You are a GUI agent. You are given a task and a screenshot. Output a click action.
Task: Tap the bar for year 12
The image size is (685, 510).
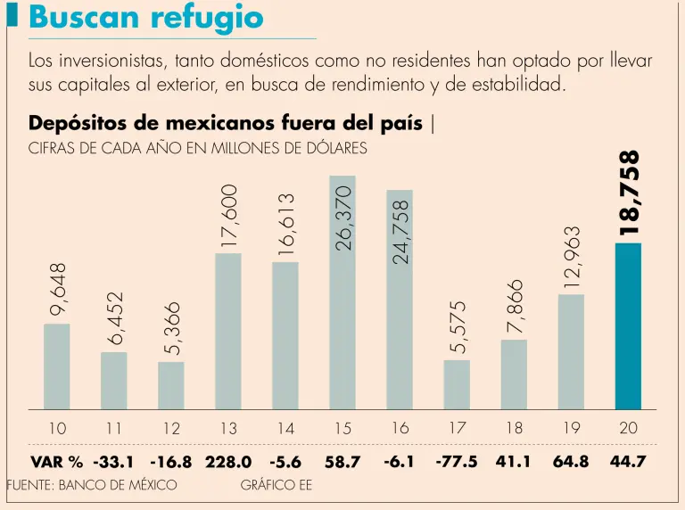coord(171,385)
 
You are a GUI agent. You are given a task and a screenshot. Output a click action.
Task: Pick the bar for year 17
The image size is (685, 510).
coord(457,384)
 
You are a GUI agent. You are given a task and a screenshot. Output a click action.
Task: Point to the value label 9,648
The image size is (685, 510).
coord(58,288)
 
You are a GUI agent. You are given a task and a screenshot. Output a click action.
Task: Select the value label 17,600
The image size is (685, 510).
coord(229,215)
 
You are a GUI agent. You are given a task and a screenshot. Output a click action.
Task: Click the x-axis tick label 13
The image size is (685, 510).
coord(228,429)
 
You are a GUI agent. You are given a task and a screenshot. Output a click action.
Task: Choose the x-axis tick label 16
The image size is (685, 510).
coord(400,429)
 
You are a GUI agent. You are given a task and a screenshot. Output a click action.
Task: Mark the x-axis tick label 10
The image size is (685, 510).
coord(57,429)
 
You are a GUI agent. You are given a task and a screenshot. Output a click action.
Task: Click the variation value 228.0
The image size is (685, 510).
coord(229,462)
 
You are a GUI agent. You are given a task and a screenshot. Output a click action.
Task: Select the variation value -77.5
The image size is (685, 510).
coord(457,462)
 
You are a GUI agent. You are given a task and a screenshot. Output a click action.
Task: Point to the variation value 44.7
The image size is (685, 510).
coord(628,462)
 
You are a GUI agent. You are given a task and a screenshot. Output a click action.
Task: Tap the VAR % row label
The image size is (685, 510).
coord(56,462)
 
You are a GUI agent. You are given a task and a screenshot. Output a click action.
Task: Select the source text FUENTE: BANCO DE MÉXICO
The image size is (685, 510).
coord(92,486)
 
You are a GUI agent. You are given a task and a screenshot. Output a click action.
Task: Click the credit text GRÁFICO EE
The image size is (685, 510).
coord(276,486)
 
